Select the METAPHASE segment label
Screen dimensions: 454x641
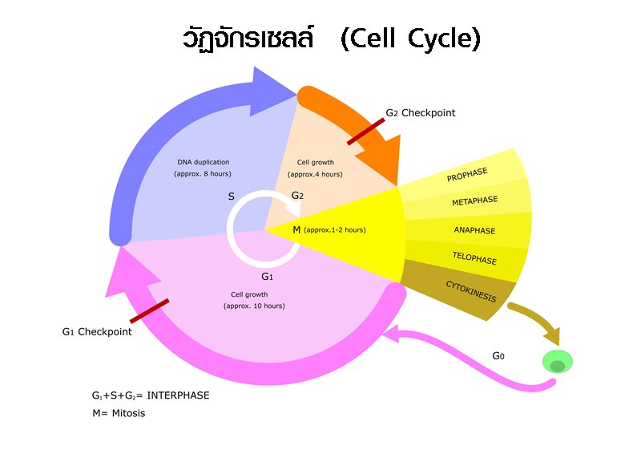[474, 201]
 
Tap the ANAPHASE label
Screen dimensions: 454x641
[474, 230]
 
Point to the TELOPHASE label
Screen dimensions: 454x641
[474, 260]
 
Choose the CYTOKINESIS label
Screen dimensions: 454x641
[470, 291]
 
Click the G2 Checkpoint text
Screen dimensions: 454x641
[420, 113]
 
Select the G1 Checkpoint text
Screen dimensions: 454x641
[96, 331]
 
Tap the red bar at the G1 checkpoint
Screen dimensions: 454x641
[149, 311]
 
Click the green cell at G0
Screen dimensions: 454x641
[558, 362]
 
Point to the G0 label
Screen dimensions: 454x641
[498, 355]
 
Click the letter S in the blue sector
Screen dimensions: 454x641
[232, 196]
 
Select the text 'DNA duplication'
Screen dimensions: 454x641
[203, 162]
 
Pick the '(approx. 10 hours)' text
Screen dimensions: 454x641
[254, 306]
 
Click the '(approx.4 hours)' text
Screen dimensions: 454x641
[315, 174]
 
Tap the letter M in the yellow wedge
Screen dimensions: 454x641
[296, 229]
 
